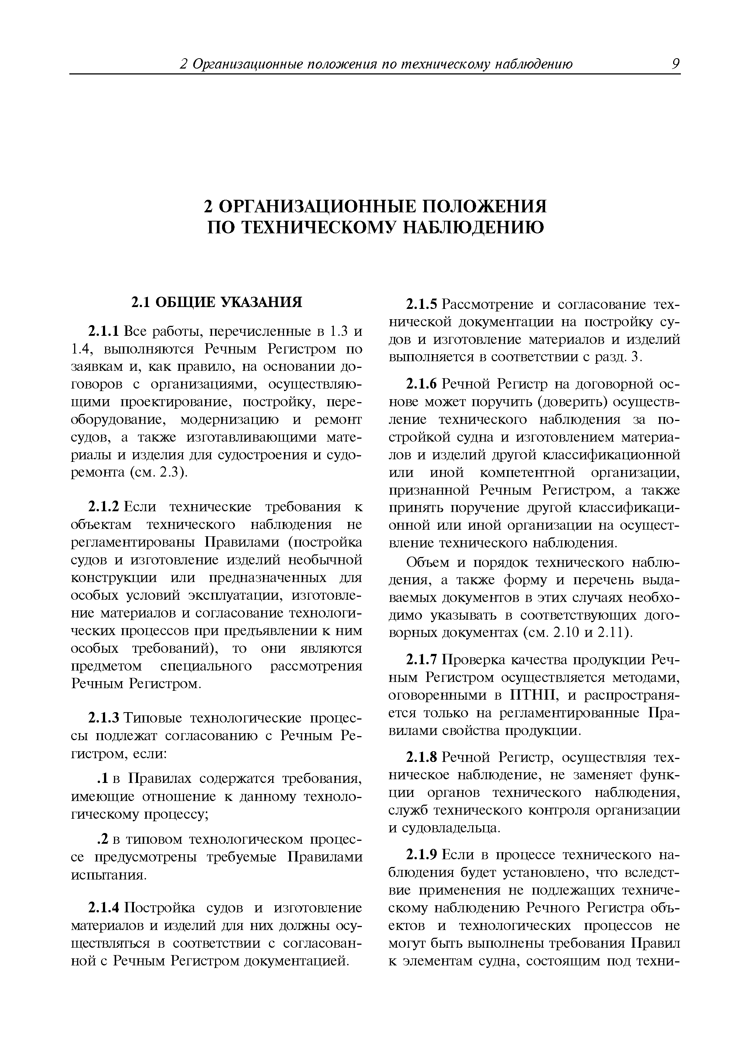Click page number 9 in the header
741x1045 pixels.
[676, 64]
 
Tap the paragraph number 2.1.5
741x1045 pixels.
[422, 304]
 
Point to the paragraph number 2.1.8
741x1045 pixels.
[422, 757]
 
